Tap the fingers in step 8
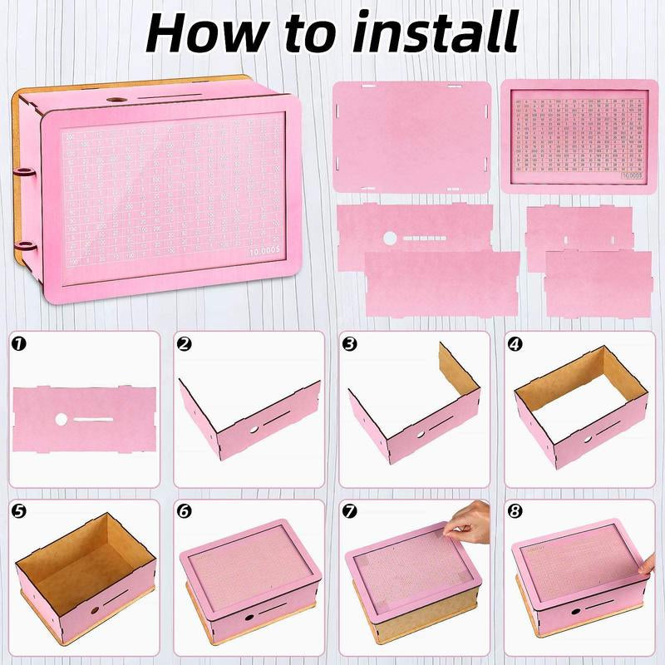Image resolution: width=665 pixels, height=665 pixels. pos(648,565)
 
